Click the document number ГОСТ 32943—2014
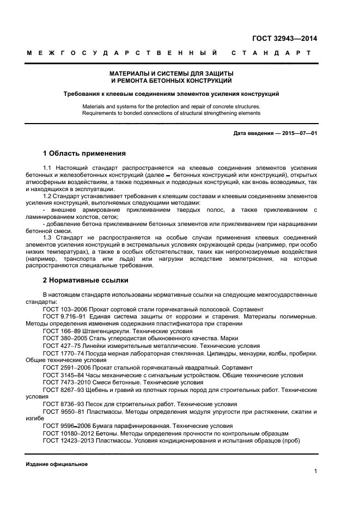coord(284,39)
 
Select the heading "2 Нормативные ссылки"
coord(86,280)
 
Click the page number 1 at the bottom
coord(315,471)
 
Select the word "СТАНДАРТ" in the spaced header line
coord(271,53)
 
